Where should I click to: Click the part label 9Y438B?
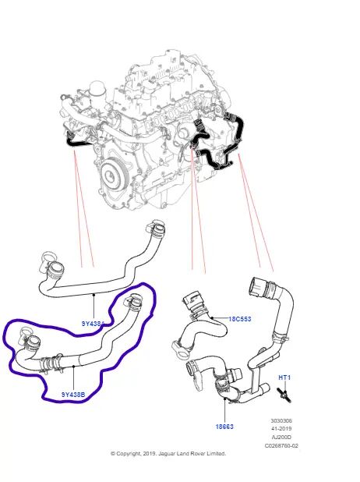(x=73, y=395)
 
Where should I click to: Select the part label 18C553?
(x=241, y=319)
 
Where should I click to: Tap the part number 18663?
(x=224, y=427)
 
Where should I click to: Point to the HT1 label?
(x=284, y=378)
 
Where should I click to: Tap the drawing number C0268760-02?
(x=281, y=446)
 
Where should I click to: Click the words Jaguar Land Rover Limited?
(x=192, y=453)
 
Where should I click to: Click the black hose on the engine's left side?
(x=72, y=141)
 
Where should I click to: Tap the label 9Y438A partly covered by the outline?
(x=94, y=321)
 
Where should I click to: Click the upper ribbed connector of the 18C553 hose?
(x=192, y=299)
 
